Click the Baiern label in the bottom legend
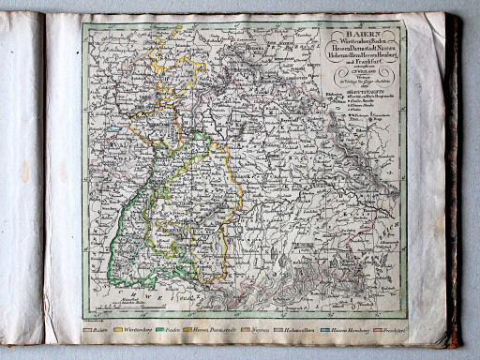pos(99,330)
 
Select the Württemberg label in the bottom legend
pos(138,330)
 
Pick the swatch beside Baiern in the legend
pos(86,330)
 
